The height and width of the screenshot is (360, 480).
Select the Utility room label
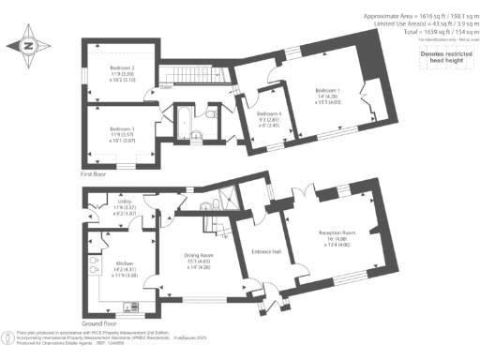pos(123,201)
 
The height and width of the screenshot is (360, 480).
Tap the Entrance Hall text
pos(268,250)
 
